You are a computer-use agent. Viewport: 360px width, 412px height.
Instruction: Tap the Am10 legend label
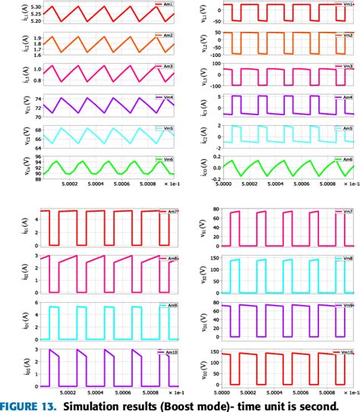click(x=164, y=352)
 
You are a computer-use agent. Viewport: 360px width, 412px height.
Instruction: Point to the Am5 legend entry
click(x=344, y=128)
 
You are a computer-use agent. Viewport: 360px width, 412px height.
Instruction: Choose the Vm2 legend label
click(x=344, y=36)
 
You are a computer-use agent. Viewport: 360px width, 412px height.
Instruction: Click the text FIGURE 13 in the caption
click(x=30, y=404)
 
